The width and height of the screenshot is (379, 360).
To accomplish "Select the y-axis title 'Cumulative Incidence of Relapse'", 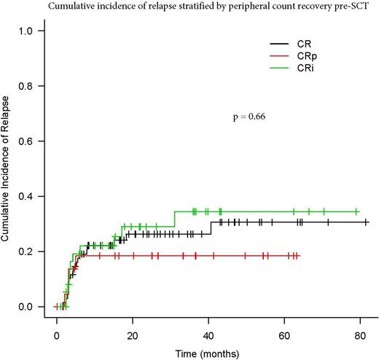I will pos(7,168).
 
